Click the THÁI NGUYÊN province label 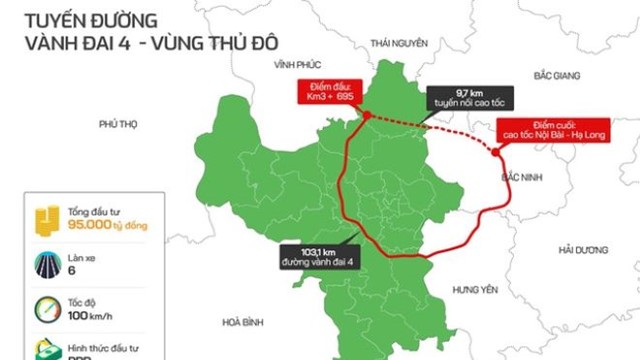click(398, 44)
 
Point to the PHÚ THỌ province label click(117, 124)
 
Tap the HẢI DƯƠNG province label click(584, 248)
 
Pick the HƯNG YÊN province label click(475, 289)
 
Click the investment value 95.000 click(96, 228)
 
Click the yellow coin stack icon click(47, 220)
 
